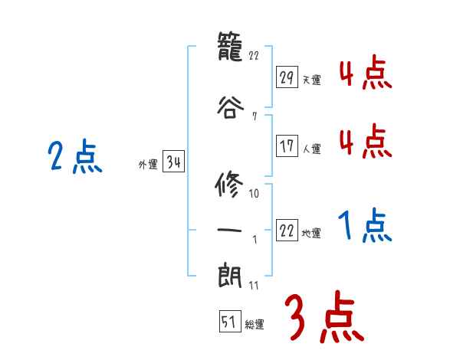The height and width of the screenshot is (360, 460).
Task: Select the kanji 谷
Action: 230,106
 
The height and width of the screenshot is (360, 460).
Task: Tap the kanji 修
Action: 230,186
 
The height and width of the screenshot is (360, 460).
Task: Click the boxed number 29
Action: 287,77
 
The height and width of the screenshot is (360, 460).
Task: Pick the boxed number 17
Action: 287,146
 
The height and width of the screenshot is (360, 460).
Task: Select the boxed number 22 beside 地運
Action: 287,231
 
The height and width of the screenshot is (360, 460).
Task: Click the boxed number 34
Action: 173,162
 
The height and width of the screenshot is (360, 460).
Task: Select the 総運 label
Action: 255,324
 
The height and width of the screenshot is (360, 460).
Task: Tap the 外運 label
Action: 148,164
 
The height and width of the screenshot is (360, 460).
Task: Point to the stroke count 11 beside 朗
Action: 254,286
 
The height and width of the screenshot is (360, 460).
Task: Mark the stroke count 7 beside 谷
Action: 253,116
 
